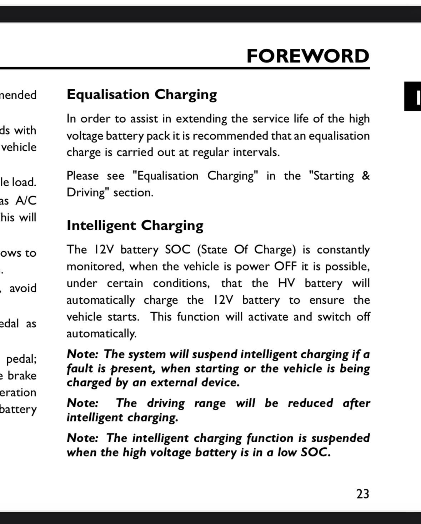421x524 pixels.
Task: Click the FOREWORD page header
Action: click(308, 56)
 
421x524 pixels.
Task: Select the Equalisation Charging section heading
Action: click(142, 95)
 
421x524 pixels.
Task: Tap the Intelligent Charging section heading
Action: click(135, 226)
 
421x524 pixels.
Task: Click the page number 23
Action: click(362, 494)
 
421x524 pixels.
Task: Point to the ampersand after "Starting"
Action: click(365, 176)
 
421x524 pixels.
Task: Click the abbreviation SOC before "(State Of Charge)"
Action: click(178, 250)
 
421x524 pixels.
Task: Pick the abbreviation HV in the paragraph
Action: click(286, 283)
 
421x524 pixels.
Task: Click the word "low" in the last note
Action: click(287, 452)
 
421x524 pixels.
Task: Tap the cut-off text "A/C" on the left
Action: click(26, 200)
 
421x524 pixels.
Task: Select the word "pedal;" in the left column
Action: click(21, 359)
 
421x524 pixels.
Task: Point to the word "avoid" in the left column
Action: click(23, 288)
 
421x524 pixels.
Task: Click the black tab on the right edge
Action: click(413, 96)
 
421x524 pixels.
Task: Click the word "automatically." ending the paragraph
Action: click(101, 334)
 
